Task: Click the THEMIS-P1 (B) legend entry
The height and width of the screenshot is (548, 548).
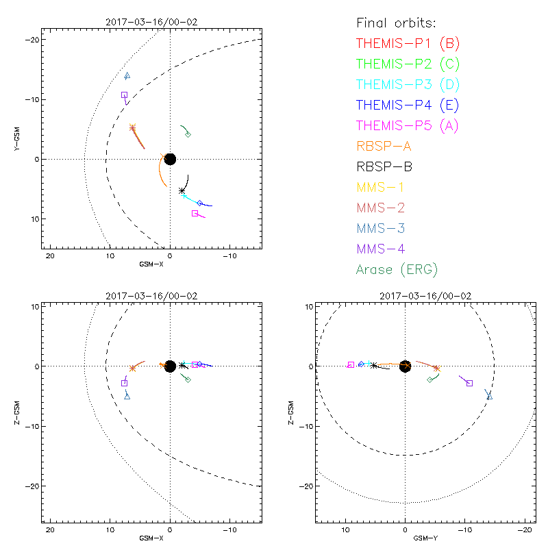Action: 408,44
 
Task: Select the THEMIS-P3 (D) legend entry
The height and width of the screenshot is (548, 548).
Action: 408,85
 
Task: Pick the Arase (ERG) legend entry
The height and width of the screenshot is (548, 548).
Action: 397,269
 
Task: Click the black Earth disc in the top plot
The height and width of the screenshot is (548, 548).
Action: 170,159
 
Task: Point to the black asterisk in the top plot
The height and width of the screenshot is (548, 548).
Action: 182,190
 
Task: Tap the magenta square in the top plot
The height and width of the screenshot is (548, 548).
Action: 195,213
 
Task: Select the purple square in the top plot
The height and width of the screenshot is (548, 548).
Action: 124,95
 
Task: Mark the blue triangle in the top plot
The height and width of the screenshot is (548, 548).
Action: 127,76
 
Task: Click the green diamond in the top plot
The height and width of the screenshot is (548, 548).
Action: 188,134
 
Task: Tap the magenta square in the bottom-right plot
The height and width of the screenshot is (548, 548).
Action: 351,365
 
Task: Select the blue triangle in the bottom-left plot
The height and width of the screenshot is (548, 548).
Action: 127,396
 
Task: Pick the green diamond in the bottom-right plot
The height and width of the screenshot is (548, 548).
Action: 429,379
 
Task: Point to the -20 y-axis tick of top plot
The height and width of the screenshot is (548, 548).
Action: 31,40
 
